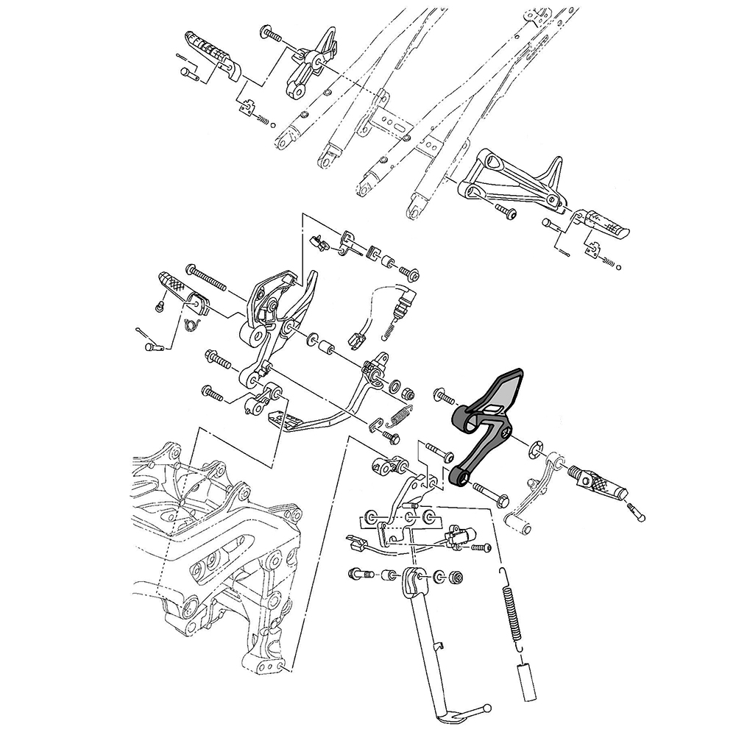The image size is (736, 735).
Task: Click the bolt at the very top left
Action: pos(271,33)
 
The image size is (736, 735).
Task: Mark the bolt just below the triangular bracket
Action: pos(506,213)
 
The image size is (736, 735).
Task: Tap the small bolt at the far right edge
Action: pos(637,511)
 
